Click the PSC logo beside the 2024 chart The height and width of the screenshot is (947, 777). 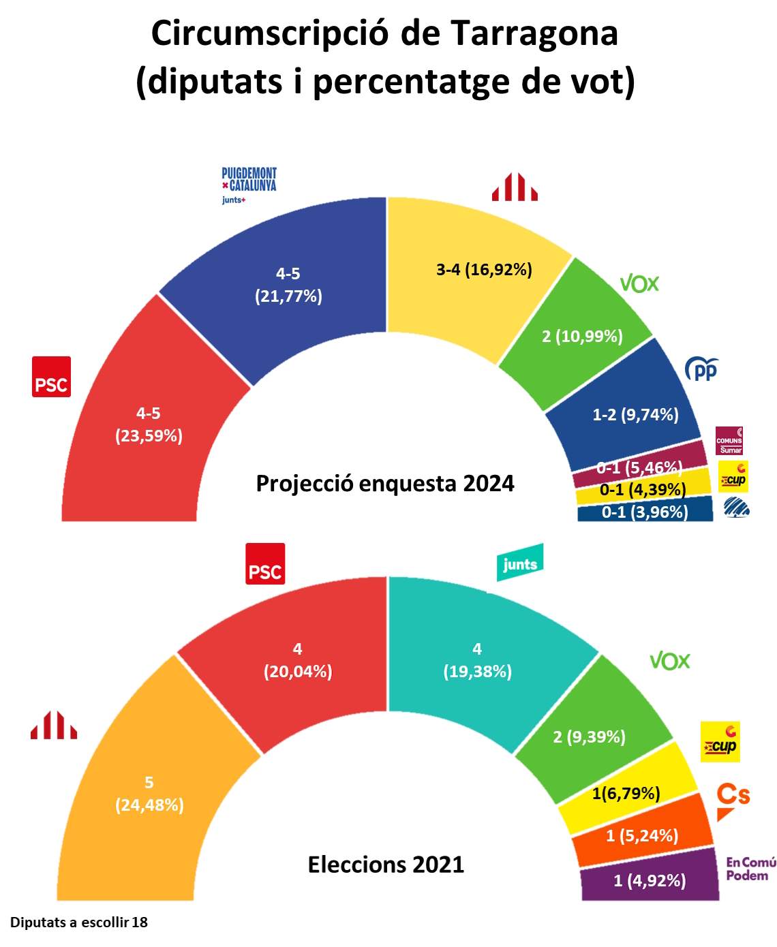point(52,377)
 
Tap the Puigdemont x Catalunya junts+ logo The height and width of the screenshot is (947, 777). point(249,185)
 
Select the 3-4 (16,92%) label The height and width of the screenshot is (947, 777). point(484,270)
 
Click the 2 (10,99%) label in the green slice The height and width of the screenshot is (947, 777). point(582,336)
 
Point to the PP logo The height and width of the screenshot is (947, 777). point(701,369)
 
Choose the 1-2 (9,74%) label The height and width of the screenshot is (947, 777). point(635,414)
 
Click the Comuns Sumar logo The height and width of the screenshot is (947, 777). point(729,441)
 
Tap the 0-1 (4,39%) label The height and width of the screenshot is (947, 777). point(642,490)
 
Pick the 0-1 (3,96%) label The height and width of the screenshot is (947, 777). point(644,512)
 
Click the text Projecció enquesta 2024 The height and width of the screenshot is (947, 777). point(385,483)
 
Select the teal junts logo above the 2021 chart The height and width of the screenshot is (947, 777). point(520,563)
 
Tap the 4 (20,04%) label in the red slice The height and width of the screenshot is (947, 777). point(298,660)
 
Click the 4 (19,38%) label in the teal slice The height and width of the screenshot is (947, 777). point(477,660)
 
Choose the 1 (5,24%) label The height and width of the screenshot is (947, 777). point(642,835)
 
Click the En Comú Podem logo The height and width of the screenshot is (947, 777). point(750,869)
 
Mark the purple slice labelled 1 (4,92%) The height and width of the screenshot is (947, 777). point(649,881)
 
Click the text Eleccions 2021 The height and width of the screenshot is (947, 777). point(386,865)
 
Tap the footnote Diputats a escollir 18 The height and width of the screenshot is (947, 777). point(79,922)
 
